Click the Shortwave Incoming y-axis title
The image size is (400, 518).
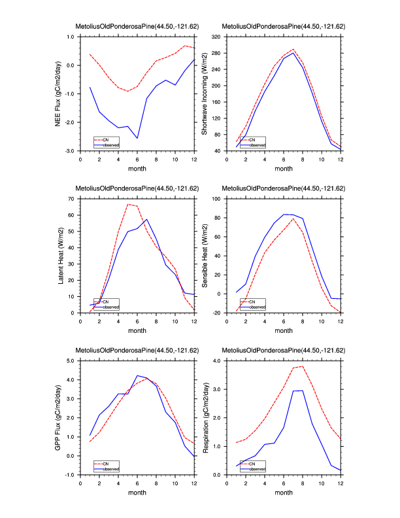pos(205,94)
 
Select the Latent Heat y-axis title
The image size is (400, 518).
pos(61,255)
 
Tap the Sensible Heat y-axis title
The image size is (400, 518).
pos(205,255)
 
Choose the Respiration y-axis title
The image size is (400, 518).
pos(205,417)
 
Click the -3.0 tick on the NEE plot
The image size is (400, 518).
pos(70,151)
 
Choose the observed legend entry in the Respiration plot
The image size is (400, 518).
pos(256,468)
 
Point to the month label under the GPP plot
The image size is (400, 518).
pos(137,493)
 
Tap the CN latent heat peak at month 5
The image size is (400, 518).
pos(127,204)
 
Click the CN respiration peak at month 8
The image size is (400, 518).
pos(302,366)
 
